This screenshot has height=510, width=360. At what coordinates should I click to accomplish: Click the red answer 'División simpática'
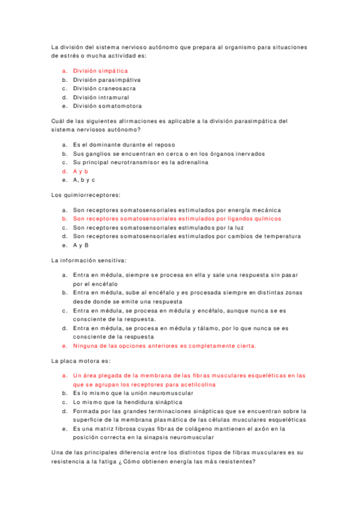click(x=100, y=71)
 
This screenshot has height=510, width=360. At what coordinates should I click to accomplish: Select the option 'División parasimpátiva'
click(x=107, y=79)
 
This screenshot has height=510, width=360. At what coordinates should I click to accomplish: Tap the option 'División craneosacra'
click(x=104, y=88)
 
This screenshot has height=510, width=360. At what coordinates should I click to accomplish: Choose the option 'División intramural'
click(x=101, y=97)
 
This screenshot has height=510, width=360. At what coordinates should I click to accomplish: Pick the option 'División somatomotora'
click(x=108, y=106)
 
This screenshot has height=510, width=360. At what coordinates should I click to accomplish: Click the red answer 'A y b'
click(x=81, y=171)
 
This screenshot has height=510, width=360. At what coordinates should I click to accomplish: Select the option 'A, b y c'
click(x=84, y=180)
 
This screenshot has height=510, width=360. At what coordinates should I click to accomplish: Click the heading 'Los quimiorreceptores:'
click(x=86, y=195)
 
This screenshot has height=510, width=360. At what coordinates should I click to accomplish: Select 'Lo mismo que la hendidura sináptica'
click(x=127, y=402)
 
